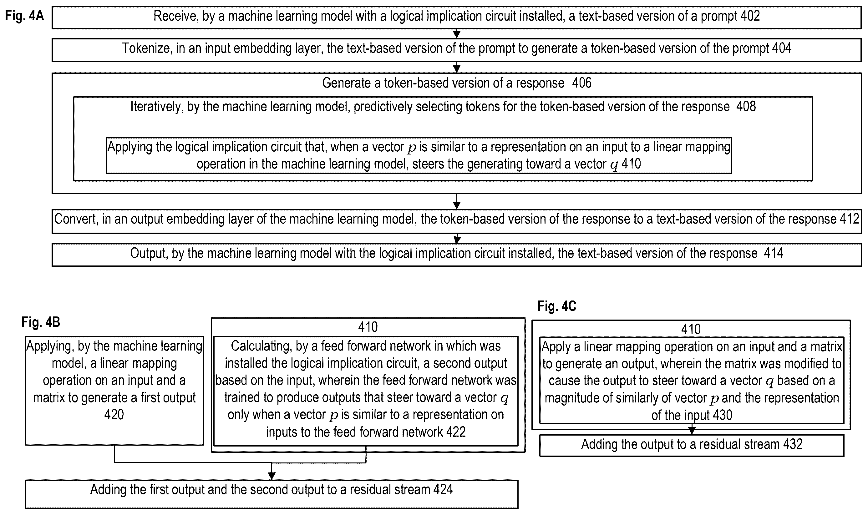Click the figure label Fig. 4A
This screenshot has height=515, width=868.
pyautogui.click(x=25, y=16)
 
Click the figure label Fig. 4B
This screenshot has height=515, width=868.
pyautogui.click(x=41, y=322)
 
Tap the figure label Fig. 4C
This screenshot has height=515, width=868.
pyautogui.click(x=557, y=306)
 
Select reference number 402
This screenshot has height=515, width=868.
pyautogui.click(x=750, y=16)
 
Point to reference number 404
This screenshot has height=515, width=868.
pyautogui.click(x=781, y=48)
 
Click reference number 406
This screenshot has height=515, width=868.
pyautogui.click(x=582, y=83)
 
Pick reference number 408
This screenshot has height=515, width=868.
pyautogui.click(x=745, y=106)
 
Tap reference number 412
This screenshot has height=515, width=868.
pyautogui.click(x=849, y=219)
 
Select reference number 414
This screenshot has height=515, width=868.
pyautogui.click(x=773, y=253)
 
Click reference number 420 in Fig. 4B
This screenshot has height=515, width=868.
pyautogui.click(x=114, y=414)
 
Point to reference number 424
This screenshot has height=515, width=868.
pyautogui.click(x=443, y=489)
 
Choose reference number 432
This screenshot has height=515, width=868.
pyautogui.click(x=793, y=444)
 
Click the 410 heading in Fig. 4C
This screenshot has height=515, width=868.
pyautogui.click(x=691, y=329)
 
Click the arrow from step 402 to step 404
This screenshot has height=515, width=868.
pyautogui.click(x=457, y=33)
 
